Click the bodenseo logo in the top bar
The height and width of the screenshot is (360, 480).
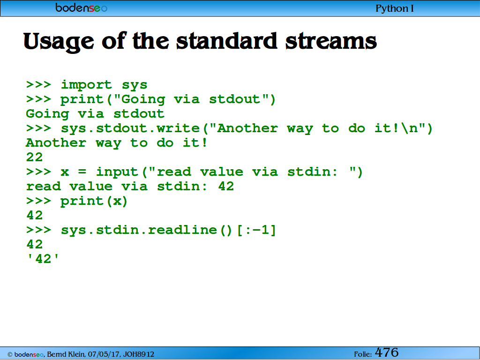(x=82, y=7)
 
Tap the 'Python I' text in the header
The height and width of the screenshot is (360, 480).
(x=395, y=8)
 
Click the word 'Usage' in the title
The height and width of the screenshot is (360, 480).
(x=59, y=42)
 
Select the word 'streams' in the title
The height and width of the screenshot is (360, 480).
(x=331, y=41)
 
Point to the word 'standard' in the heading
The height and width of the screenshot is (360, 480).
(x=227, y=41)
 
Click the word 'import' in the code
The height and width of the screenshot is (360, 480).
(x=86, y=84)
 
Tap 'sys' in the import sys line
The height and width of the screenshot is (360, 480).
(x=135, y=85)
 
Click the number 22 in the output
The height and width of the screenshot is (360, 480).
(x=34, y=157)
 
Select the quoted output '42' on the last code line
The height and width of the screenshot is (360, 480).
(x=43, y=259)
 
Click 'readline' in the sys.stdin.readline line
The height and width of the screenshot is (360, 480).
(x=182, y=230)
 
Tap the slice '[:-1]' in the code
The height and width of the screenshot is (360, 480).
(x=256, y=230)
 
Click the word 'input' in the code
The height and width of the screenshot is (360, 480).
(x=117, y=172)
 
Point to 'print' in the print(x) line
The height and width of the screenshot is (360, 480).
(x=82, y=201)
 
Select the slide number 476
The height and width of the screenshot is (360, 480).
(x=387, y=352)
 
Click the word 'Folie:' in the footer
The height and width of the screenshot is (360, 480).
(x=363, y=354)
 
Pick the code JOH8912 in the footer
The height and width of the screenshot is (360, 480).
(x=139, y=354)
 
